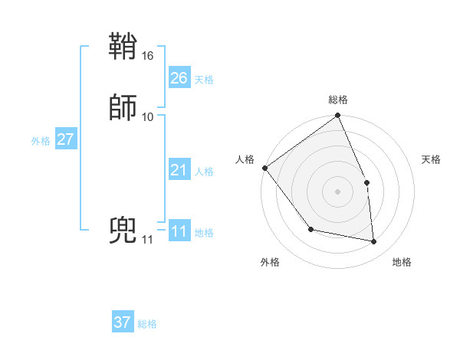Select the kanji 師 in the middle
123,107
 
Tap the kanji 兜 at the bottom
123,231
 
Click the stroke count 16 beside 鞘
148,56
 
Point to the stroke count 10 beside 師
148,116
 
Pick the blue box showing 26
179,78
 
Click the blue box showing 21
179,171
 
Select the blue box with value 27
66,139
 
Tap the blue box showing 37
123,322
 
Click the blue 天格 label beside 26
204,80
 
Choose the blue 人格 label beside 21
204,172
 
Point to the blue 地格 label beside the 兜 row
204,233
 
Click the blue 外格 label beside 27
41,141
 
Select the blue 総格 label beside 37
147,324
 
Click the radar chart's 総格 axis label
338,100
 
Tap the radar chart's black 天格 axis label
432,159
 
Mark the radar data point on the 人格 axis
265,168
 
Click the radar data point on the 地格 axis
374,241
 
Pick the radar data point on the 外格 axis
310,229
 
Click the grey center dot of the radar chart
338,191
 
